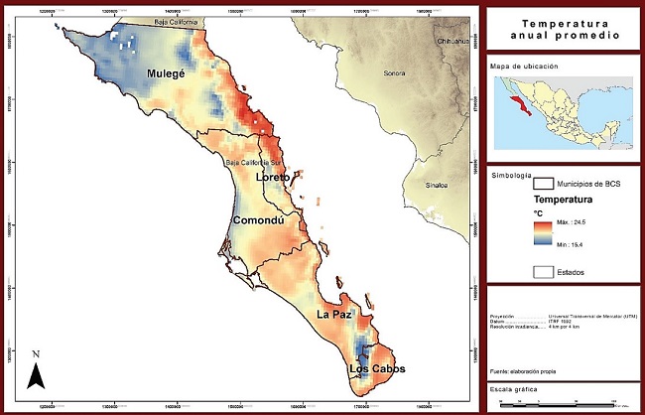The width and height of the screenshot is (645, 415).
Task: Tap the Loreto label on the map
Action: [x=274, y=177]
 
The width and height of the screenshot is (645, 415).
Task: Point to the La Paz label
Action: [x=335, y=314]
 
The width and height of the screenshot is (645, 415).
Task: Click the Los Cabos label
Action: [x=376, y=370]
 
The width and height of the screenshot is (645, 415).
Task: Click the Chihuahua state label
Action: [x=454, y=42]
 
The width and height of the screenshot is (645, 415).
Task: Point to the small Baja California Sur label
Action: [x=256, y=162]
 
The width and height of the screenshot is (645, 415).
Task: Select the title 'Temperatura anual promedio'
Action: [x=563, y=29]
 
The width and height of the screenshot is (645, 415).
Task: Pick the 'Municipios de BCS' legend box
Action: [x=543, y=183]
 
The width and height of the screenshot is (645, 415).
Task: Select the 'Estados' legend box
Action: [x=543, y=270]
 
